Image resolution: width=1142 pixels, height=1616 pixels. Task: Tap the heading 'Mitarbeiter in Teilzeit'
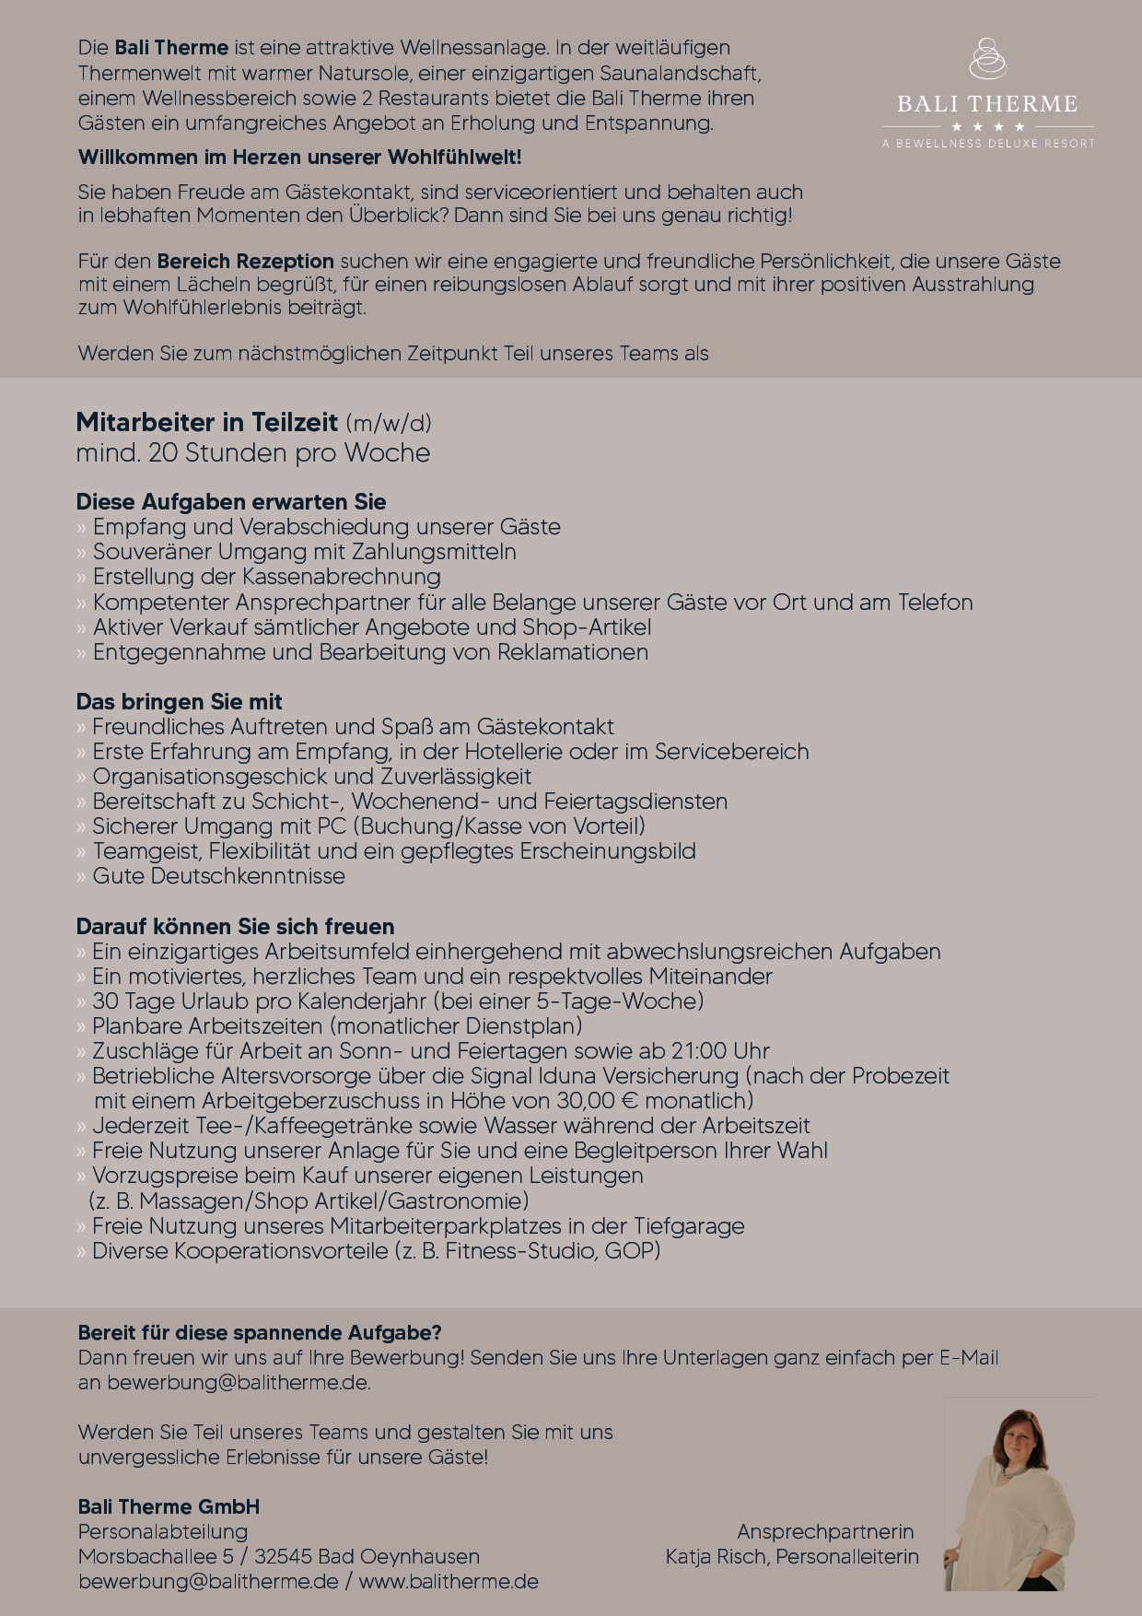click(207, 422)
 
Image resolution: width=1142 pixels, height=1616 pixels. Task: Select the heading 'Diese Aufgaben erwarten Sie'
click(231, 502)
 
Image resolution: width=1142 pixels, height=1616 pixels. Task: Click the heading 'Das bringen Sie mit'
click(179, 702)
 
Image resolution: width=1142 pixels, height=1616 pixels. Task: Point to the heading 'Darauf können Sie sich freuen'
click(235, 927)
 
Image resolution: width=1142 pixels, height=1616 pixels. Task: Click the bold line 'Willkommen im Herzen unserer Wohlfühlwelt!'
click(299, 158)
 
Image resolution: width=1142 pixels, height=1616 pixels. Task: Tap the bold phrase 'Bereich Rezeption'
click(245, 262)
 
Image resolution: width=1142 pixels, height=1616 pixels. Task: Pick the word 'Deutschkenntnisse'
click(248, 876)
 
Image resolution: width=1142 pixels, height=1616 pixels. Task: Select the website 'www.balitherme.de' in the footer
click(449, 1582)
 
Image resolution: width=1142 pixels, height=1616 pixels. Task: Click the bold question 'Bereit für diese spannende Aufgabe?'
click(260, 1333)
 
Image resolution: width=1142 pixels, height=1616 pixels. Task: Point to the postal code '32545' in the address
click(283, 1557)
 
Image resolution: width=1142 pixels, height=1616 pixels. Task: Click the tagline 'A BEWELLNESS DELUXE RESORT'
click(988, 144)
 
